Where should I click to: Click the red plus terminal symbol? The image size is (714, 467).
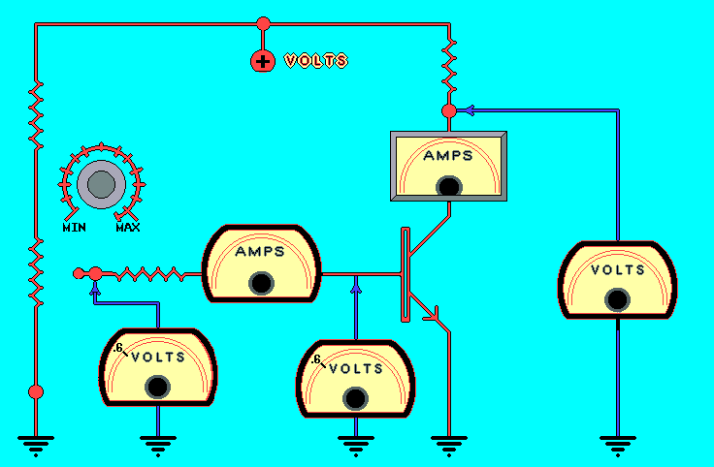pos(263,61)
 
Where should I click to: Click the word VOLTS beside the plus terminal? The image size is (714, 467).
pos(315,61)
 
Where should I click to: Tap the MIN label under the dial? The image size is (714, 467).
pos(76,228)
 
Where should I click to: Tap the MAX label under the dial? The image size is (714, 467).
pos(128,228)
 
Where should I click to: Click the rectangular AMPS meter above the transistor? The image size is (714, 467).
pos(448,167)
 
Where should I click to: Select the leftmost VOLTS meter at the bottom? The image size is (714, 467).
pos(157,369)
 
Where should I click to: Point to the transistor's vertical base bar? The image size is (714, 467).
pos(404,275)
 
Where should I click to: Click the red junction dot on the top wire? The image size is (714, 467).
pos(263,22)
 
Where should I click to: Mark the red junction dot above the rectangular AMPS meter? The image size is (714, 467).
pos(449,111)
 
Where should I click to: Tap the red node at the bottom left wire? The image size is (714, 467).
pos(36,391)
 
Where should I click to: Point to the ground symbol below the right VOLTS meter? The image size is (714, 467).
pos(616,445)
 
